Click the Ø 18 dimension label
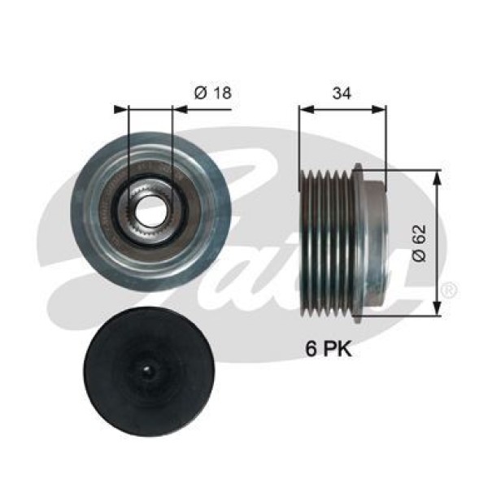click(212, 93)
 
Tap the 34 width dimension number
click(342, 91)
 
